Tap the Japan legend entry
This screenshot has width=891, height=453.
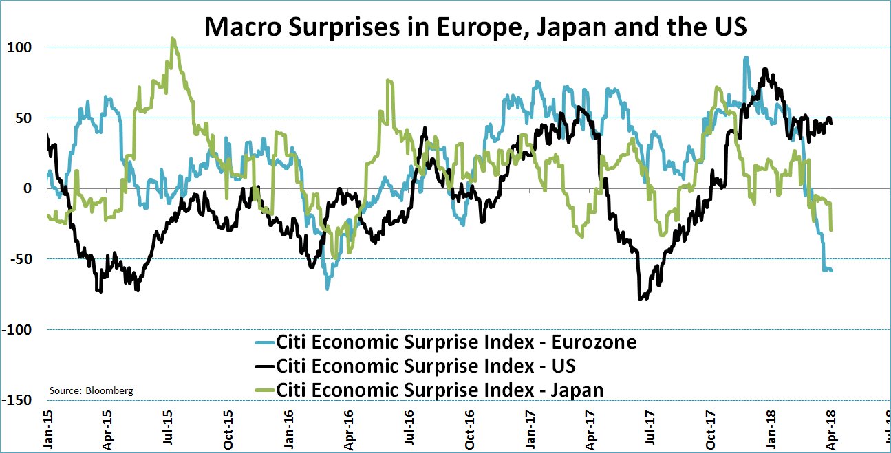[440, 389]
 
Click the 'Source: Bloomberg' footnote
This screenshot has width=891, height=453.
[92, 390]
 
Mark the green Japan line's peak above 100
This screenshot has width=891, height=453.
[173, 39]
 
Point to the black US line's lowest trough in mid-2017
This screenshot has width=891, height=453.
[641, 299]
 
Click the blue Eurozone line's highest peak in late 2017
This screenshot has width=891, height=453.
[746, 58]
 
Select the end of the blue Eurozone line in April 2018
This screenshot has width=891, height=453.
[831, 270]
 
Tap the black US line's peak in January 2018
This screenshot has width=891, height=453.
[765, 69]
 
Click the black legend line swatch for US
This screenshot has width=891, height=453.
[261, 365]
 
